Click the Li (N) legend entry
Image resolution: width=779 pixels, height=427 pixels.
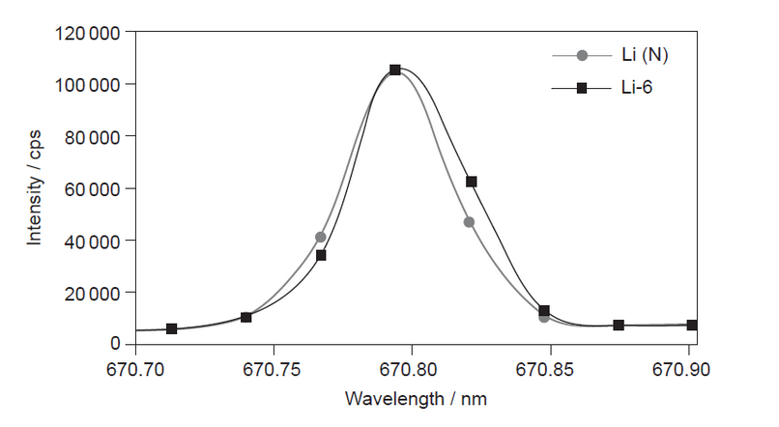click(x=645, y=55)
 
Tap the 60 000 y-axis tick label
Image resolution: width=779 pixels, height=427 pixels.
click(x=93, y=188)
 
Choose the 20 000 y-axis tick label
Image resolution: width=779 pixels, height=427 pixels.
click(x=93, y=293)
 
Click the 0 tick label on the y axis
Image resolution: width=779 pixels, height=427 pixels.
click(x=115, y=344)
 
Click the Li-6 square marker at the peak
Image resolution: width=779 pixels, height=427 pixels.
click(x=395, y=70)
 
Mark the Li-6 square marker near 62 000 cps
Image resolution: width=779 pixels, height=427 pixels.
click(x=472, y=182)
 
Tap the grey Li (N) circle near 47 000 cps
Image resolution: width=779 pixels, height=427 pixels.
click(x=469, y=222)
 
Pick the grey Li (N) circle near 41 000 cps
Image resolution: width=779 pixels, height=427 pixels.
click(x=320, y=237)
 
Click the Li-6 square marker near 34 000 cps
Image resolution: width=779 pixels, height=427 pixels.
click(x=321, y=255)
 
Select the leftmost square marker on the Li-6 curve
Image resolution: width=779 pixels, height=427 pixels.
click(x=172, y=328)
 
